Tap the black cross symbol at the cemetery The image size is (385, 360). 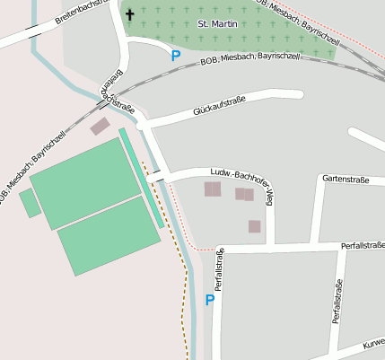click(x=129, y=15)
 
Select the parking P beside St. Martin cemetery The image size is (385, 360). click(x=176, y=56)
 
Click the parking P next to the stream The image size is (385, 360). click(x=210, y=301)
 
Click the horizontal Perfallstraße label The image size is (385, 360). click(x=363, y=245)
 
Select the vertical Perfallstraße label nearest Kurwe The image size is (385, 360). click(x=337, y=302)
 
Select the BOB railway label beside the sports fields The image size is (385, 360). click(x=27, y=180)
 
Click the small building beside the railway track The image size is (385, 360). click(x=100, y=127)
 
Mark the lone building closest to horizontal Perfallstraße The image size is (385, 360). click(x=255, y=226)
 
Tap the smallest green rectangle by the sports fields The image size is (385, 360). click(x=30, y=204)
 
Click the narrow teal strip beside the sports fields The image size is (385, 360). click(x=141, y=177)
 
